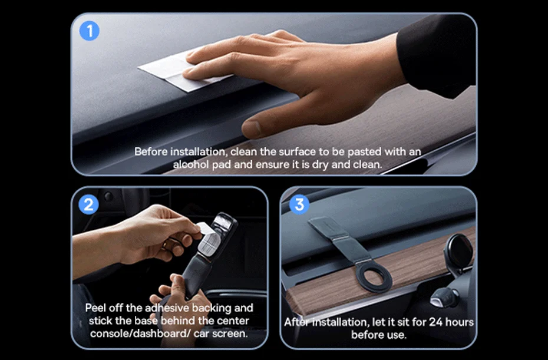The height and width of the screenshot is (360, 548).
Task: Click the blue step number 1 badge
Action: [x=90, y=31]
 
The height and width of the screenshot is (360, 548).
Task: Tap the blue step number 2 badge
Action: [x=88, y=204]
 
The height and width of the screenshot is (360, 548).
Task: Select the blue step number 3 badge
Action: [x=299, y=204]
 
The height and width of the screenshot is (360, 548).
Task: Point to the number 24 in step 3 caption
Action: [x=435, y=322]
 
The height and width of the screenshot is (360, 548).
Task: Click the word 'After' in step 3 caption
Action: [x=297, y=322]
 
